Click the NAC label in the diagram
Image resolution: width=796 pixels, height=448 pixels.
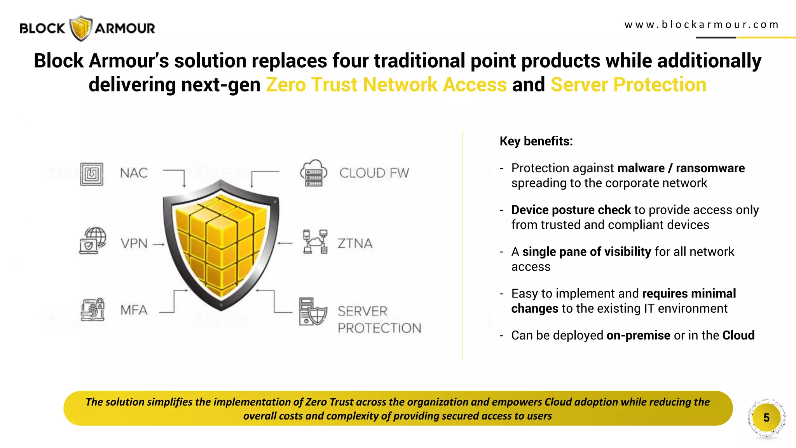[x=134, y=173]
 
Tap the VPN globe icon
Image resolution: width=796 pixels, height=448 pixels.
[x=93, y=241]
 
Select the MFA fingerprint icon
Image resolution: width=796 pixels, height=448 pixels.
[x=93, y=310]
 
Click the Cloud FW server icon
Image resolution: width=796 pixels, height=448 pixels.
[x=313, y=173]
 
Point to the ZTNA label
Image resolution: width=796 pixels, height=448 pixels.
[x=355, y=244]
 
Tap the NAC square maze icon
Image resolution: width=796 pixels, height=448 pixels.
[x=92, y=174]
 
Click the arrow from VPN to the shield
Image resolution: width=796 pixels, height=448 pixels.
[x=159, y=245]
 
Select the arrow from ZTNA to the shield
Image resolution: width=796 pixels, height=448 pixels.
[x=285, y=243]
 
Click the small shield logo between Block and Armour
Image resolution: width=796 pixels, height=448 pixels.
[x=81, y=28]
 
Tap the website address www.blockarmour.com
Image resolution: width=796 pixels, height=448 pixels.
[x=702, y=25]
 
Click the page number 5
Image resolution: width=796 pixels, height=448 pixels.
[x=766, y=418]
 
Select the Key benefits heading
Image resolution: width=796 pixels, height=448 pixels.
[x=536, y=141]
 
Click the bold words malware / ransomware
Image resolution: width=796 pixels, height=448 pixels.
[x=681, y=168]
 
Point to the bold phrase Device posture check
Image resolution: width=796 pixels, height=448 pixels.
[x=571, y=210]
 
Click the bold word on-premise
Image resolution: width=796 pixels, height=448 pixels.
[x=638, y=335]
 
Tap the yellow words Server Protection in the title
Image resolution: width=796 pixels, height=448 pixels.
[x=628, y=85]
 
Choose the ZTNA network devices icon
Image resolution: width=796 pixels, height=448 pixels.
[x=315, y=241]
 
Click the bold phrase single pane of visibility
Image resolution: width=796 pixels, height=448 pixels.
[x=587, y=252]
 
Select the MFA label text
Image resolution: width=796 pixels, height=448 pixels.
[x=134, y=310]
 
